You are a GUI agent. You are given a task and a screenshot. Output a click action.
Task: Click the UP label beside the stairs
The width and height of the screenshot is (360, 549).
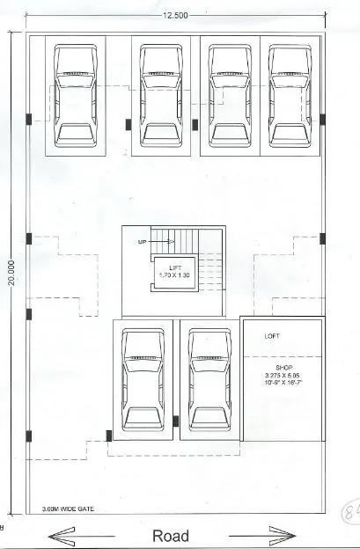click(x=142, y=240)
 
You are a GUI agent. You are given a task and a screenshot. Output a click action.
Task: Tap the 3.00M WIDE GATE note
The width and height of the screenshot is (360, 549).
click(x=67, y=509)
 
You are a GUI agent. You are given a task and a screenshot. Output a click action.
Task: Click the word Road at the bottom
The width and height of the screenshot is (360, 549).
click(x=171, y=535)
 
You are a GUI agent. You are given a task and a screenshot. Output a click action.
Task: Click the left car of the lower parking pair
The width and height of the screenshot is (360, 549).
click(x=143, y=378)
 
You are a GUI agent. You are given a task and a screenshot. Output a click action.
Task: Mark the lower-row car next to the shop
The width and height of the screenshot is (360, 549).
click(x=209, y=378)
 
